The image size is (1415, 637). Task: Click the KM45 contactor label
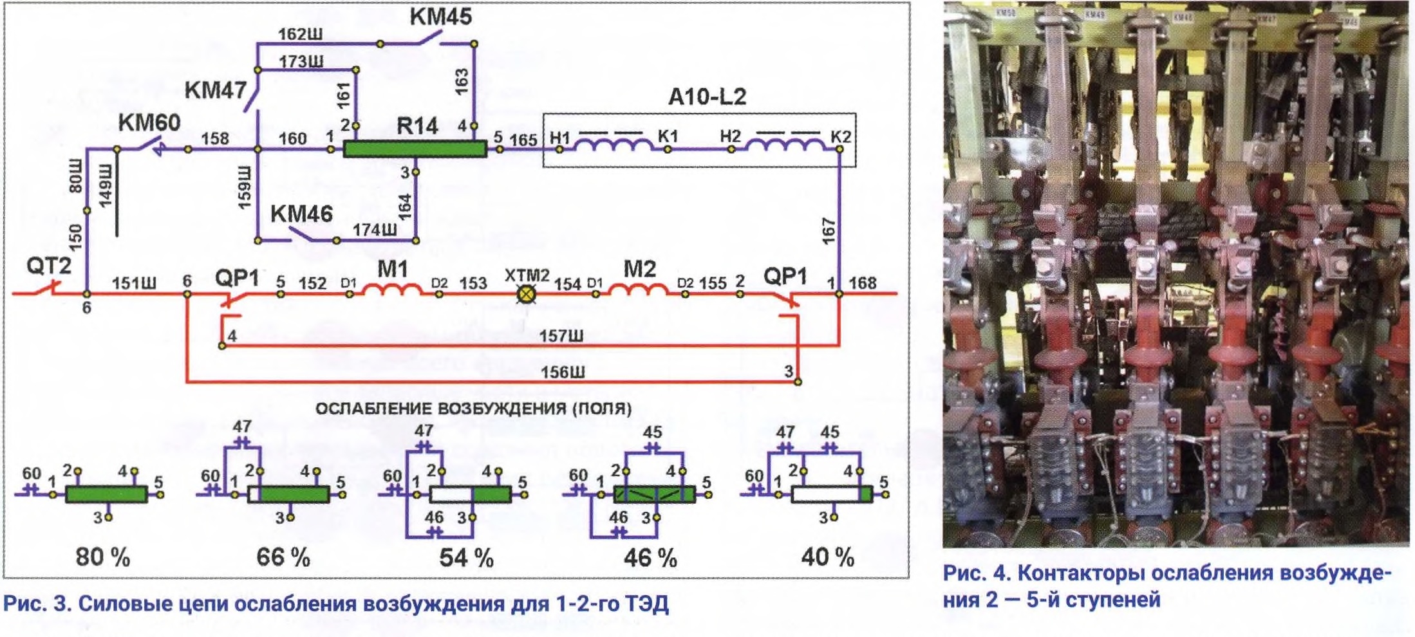click(441, 17)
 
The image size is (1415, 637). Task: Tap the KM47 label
click(215, 90)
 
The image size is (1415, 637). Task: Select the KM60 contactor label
click(149, 122)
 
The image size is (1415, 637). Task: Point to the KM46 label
click(301, 214)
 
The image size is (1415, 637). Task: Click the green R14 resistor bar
click(415, 149)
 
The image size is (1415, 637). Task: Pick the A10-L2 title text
click(707, 97)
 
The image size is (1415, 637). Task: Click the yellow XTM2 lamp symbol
click(527, 294)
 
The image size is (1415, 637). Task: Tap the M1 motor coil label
click(392, 268)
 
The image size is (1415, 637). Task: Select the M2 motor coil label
click(639, 268)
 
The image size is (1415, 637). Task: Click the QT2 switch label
click(48, 265)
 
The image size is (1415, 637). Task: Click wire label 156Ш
click(563, 372)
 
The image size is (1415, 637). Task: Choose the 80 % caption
click(103, 557)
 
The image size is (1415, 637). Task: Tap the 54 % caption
click(466, 557)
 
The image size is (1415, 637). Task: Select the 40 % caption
click(827, 557)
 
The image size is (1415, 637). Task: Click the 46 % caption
click(650, 557)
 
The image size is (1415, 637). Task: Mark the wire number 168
click(862, 283)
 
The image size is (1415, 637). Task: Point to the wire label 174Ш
click(374, 230)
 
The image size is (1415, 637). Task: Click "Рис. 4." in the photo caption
click(975, 573)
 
